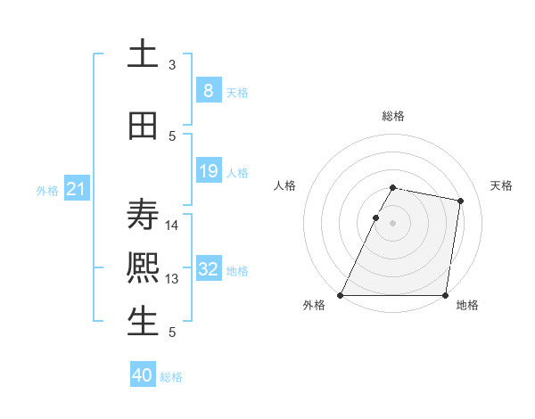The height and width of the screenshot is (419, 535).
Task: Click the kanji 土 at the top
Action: pos(143,53)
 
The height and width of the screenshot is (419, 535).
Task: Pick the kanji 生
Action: pos(143,322)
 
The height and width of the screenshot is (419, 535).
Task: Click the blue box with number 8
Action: pos(208,91)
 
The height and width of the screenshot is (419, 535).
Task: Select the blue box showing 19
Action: pos(208,171)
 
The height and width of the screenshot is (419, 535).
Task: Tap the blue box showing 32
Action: pos(208,269)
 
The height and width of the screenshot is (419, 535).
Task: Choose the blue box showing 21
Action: pos(76,189)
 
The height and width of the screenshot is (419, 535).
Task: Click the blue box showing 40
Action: pos(143,375)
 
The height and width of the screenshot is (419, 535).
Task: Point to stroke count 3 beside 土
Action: pos(172,65)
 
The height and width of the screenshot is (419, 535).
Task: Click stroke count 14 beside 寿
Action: pos(172,225)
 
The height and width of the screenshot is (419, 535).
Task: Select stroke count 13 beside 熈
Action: pos(172,279)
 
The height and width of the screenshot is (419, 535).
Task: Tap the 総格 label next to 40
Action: pos(171,377)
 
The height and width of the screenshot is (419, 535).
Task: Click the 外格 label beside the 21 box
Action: pos(46,191)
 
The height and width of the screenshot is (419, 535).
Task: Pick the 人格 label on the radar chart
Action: pos(285,185)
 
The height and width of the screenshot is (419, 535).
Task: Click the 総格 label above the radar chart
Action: pos(393,116)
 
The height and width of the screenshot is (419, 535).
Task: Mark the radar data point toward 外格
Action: pos(341,295)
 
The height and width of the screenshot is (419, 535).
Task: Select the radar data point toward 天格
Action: pos(461,201)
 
